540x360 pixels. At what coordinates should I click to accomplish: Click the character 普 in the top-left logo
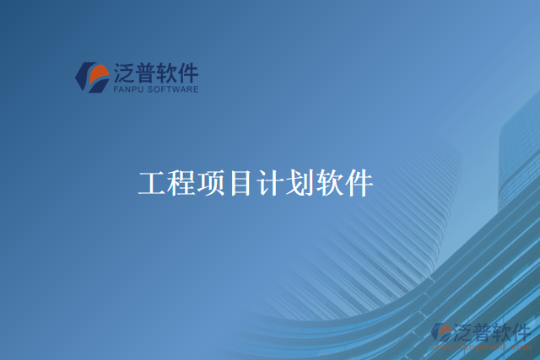coord(146,72)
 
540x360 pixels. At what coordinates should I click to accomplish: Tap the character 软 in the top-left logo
coord(167,72)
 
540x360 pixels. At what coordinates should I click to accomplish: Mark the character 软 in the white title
coord(329,184)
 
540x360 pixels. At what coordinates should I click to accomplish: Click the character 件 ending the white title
coord(359,184)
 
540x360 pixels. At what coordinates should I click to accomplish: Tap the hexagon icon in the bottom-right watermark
coord(441,333)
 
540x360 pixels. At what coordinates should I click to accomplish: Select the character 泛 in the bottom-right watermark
coord(464,330)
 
